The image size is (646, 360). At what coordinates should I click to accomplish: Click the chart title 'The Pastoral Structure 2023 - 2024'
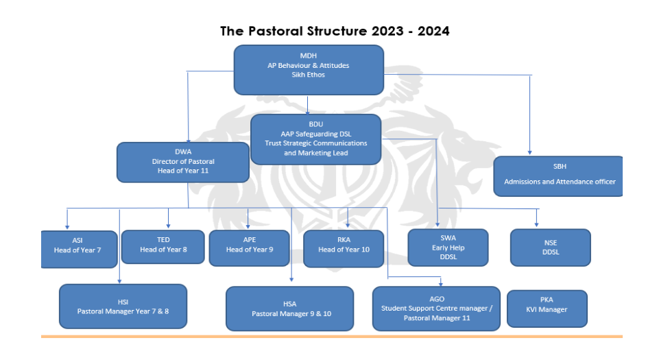tap(335, 32)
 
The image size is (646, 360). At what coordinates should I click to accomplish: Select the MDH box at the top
tap(309, 70)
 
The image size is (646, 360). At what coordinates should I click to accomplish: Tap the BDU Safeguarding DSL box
tap(315, 139)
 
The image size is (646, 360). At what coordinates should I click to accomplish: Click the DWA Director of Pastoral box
tap(183, 163)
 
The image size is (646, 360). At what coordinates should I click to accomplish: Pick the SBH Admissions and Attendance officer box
tap(558, 176)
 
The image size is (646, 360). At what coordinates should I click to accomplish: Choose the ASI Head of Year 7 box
tap(79, 249)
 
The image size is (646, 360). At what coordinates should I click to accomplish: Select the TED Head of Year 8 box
tap(163, 247)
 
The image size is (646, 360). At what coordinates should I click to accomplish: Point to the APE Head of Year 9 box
tap(249, 248)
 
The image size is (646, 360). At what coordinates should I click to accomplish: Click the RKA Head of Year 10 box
tap(344, 249)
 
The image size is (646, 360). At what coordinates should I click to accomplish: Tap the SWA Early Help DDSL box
tap(448, 248)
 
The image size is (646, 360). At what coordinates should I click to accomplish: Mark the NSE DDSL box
tap(551, 248)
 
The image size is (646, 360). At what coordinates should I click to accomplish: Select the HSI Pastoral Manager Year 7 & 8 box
tap(123, 307)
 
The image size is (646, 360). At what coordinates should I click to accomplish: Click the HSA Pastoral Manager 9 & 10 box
tap(289, 309)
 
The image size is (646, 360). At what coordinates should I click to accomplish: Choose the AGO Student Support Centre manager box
tap(436, 309)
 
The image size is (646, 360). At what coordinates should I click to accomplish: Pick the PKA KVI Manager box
tap(547, 309)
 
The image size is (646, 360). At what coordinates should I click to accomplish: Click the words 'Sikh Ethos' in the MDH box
tap(308, 75)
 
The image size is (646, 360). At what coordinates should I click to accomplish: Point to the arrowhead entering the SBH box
tap(530, 153)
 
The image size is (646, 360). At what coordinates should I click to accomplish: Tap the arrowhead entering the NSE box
tap(536, 224)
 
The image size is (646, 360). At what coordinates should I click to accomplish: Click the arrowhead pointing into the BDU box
tap(307, 112)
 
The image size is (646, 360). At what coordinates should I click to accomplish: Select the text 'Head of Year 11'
tap(183, 171)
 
